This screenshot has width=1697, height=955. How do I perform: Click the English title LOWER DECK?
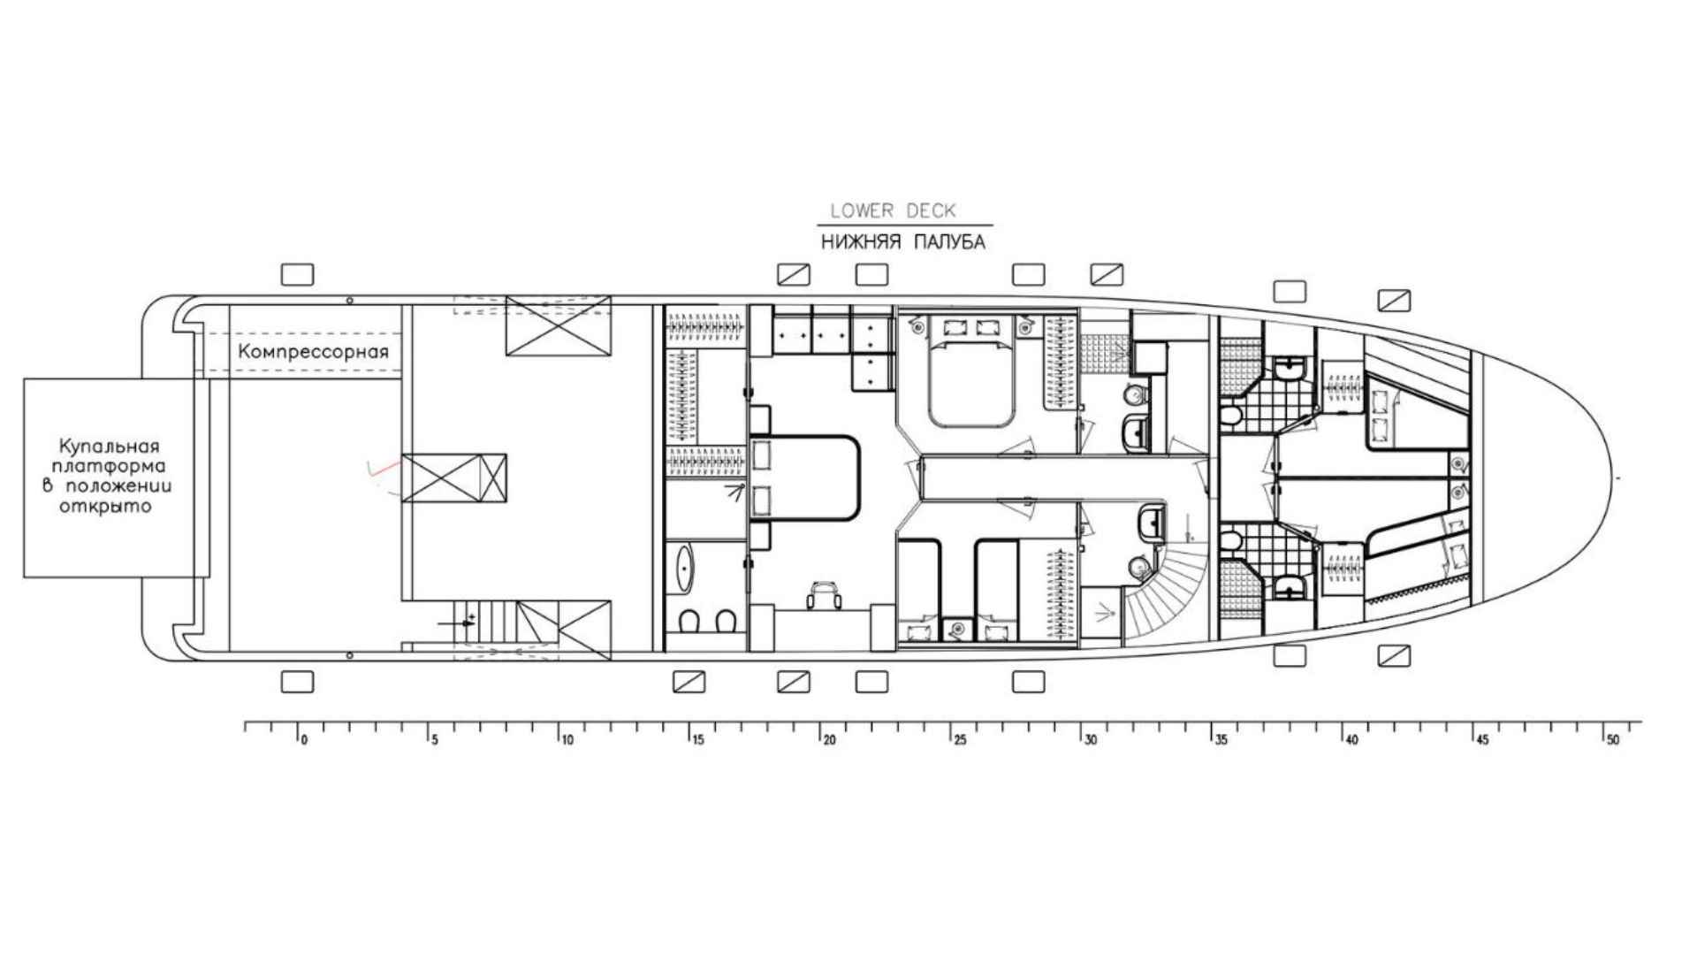[x=893, y=210]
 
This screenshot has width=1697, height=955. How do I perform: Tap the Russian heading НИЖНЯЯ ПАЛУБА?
[x=902, y=242]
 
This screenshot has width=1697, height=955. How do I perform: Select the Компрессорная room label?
[x=313, y=352]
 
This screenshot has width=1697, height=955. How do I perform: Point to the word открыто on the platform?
[x=105, y=507]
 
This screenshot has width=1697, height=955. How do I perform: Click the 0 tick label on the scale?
[x=304, y=740]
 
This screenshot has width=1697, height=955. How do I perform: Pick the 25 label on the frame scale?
[x=960, y=740]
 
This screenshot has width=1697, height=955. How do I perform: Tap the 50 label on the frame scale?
[x=1613, y=740]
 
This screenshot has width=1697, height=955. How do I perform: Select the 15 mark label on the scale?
[x=698, y=740]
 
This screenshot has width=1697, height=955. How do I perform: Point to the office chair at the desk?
[x=823, y=594]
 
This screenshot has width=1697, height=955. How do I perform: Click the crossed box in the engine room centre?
[x=454, y=477]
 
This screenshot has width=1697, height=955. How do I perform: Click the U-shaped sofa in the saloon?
[x=806, y=478]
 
